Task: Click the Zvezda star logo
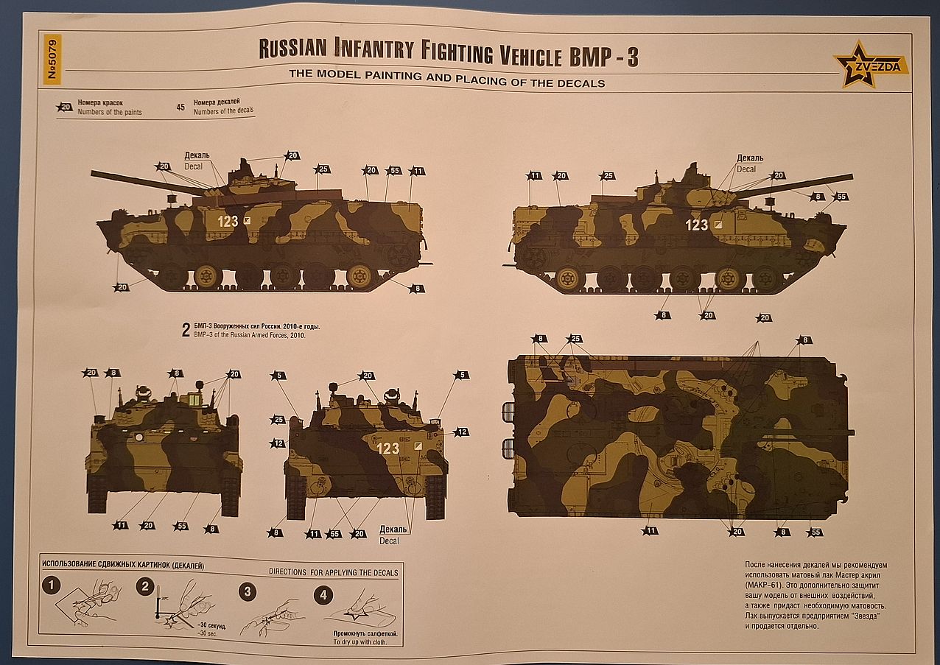point(869,65)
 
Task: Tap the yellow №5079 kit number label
point(52,58)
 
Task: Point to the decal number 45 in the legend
point(180,107)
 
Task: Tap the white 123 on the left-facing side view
point(228,221)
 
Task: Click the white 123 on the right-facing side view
point(696,225)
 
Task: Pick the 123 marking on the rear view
point(387,448)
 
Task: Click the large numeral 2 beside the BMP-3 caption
point(186,330)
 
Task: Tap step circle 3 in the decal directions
point(248,591)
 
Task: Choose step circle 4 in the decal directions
point(323,595)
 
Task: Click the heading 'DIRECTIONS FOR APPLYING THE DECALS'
point(333,572)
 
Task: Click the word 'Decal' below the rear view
point(389,541)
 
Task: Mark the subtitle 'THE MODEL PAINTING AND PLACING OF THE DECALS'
point(446,83)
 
